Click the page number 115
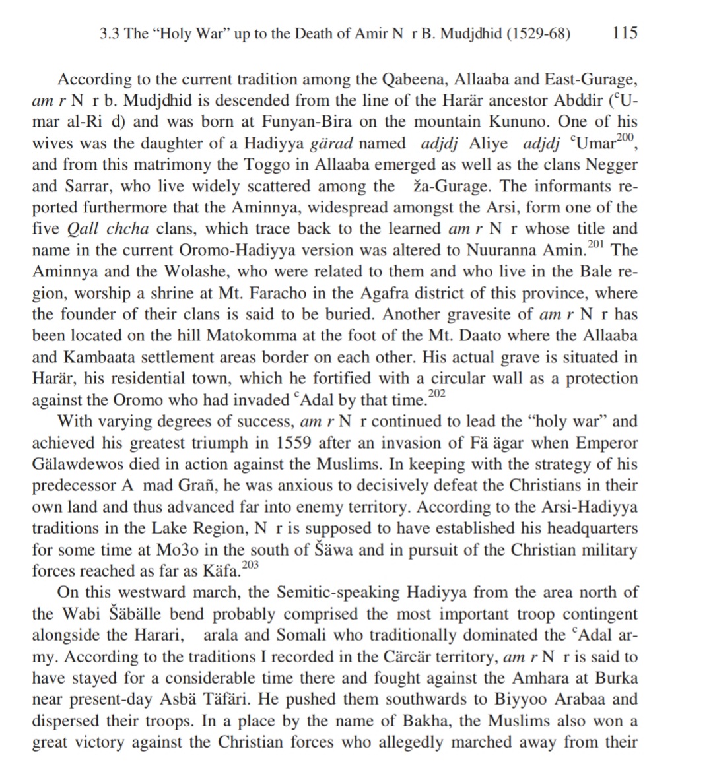tap(625, 33)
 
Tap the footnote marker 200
tap(624, 137)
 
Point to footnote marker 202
tap(437, 394)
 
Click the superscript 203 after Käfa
tap(251, 565)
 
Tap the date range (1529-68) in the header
tap(538, 34)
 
